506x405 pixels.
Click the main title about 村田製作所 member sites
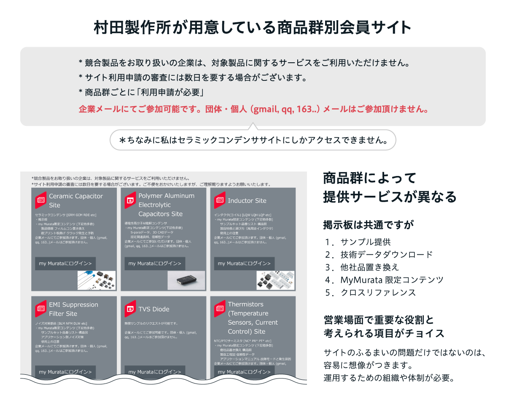(x=253, y=28)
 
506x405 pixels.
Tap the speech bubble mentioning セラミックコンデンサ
(x=253, y=140)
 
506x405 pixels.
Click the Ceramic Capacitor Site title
(x=76, y=200)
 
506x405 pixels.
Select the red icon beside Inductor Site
(x=219, y=200)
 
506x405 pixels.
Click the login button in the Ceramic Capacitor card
(x=65, y=264)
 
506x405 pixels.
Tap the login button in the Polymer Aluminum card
(x=155, y=264)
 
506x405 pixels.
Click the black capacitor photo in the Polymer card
(x=186, y=280)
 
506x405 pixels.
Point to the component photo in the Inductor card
(x=275, y=280)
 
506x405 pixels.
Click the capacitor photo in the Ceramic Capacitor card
(x=97, y=280)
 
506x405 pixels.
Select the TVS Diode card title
(x=154, y=309)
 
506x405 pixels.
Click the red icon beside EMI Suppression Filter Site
(x=41, y=309)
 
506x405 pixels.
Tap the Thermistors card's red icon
(x=219, y=309)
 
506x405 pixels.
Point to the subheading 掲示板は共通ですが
(x=369, y=225)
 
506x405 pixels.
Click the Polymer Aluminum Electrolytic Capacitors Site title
(x=167, y=205)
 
